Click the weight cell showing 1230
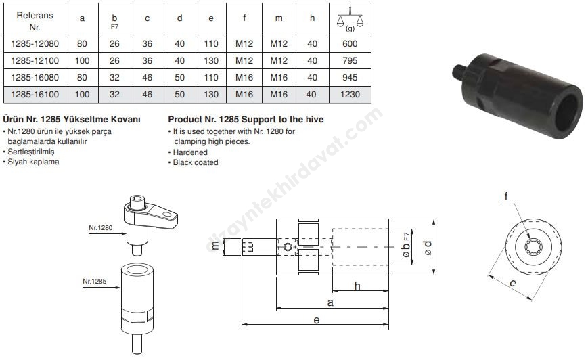click(350, 95)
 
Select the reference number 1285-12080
click(35, 44)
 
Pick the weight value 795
click(350, 60)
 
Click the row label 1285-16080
click(35, 78)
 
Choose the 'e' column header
click(211, 18)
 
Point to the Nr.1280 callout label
click(101, 227)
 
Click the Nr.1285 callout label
click(95, 282)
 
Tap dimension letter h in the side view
click(357, 286)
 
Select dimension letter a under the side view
click(330, 302)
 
